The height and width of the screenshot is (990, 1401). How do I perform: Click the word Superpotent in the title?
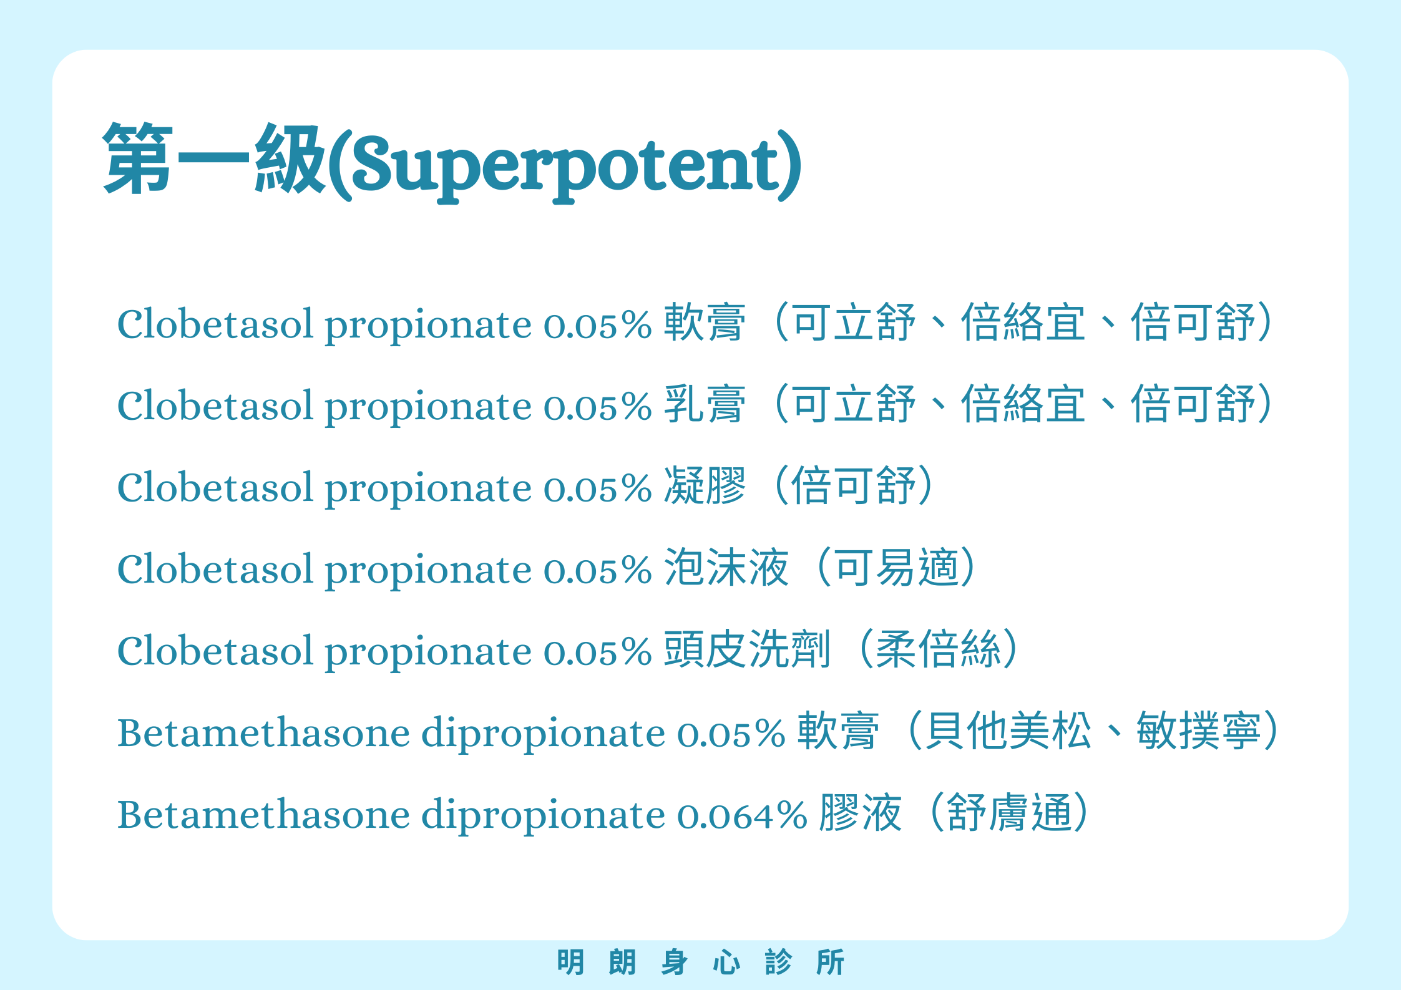click(x=565, y=165)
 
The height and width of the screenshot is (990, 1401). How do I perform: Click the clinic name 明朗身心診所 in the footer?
click(x=701, y=962)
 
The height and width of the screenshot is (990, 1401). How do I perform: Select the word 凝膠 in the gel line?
click(x=705, y=486)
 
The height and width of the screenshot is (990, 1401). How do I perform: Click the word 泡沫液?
click(x=726, y=568)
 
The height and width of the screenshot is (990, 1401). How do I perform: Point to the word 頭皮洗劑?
click(x=747, y=649)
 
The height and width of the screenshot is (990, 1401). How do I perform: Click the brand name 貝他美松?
click(x=1008, y=730)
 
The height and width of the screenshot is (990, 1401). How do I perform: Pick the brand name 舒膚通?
click(x=1010, y=813)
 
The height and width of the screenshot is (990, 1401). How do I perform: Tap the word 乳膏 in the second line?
click(x=705, y=404)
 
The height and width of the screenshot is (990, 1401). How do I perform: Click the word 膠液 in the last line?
click(x=861, y=813)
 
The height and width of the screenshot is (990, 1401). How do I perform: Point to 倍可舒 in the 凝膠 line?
click(x=854, y=486)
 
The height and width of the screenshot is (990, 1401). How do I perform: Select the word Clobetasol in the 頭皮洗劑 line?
click(x=215, y=651)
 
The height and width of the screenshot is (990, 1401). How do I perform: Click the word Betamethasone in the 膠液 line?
click(x=263, y=814)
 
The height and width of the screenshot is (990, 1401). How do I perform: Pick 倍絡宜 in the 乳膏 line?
click(x=1023, y=404)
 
